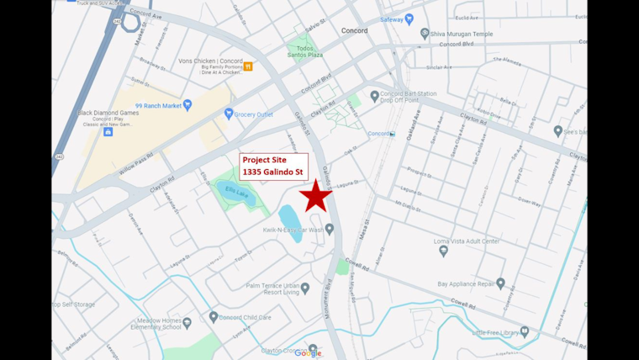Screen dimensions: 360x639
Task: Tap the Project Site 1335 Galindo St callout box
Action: click(274, 166)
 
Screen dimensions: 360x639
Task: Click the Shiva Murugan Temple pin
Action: click(425, 34)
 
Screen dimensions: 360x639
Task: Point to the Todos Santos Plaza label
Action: click(299, 54)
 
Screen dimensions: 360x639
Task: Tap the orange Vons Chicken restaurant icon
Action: click(248, 66)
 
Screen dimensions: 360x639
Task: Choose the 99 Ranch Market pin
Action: click(187, 105)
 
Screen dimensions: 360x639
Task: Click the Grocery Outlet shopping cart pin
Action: click(229, 114)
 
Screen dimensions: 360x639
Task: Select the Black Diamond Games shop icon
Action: click(108, 131)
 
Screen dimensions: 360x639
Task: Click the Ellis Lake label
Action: click(236, 193)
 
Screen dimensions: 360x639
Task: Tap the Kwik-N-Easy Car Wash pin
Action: click(330, 229)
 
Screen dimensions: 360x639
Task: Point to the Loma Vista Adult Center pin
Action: click(443, 251)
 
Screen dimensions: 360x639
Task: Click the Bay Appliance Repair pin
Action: click(500, 284)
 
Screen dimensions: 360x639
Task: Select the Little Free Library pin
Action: click(524, 332)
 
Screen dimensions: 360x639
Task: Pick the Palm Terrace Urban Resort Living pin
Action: click(305, 288)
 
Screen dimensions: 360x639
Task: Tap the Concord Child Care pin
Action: click(212, 317)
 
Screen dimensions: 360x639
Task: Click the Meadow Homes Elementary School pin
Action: click(188, 321)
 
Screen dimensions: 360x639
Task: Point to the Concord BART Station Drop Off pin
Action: click(375, 96)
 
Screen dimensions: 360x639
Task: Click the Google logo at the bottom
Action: click(308, 353)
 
